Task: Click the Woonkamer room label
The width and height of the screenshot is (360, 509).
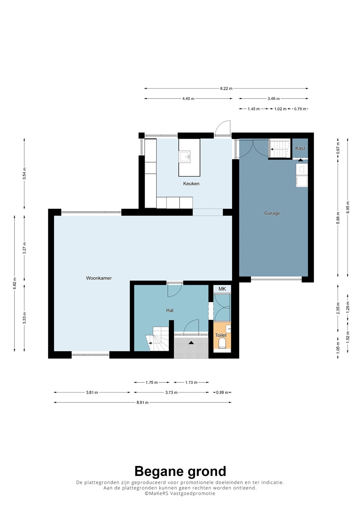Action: pos(99,278)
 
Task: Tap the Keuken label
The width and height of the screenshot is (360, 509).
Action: pos(191,183)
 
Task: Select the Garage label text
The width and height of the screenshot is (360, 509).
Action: pos(272,213)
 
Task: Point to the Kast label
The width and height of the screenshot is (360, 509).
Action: pos(300,148)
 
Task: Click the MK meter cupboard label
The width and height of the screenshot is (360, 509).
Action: pos(222,289)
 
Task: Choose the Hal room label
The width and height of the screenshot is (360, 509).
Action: pos(170,310)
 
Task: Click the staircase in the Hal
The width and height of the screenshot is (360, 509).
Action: pos(157,339)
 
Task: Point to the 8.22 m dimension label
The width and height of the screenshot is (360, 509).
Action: pos(226,89)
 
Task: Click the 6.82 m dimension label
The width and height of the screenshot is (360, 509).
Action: pos(15,283)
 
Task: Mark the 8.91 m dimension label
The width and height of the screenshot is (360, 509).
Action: pos(143,402)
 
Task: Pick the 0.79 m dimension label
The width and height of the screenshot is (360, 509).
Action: pos(300,109)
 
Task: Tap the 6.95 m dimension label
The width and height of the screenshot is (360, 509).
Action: pos(348,207)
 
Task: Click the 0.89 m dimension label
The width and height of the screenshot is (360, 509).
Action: pos(222,392)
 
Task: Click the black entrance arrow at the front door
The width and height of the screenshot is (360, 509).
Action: pos(191,343)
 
